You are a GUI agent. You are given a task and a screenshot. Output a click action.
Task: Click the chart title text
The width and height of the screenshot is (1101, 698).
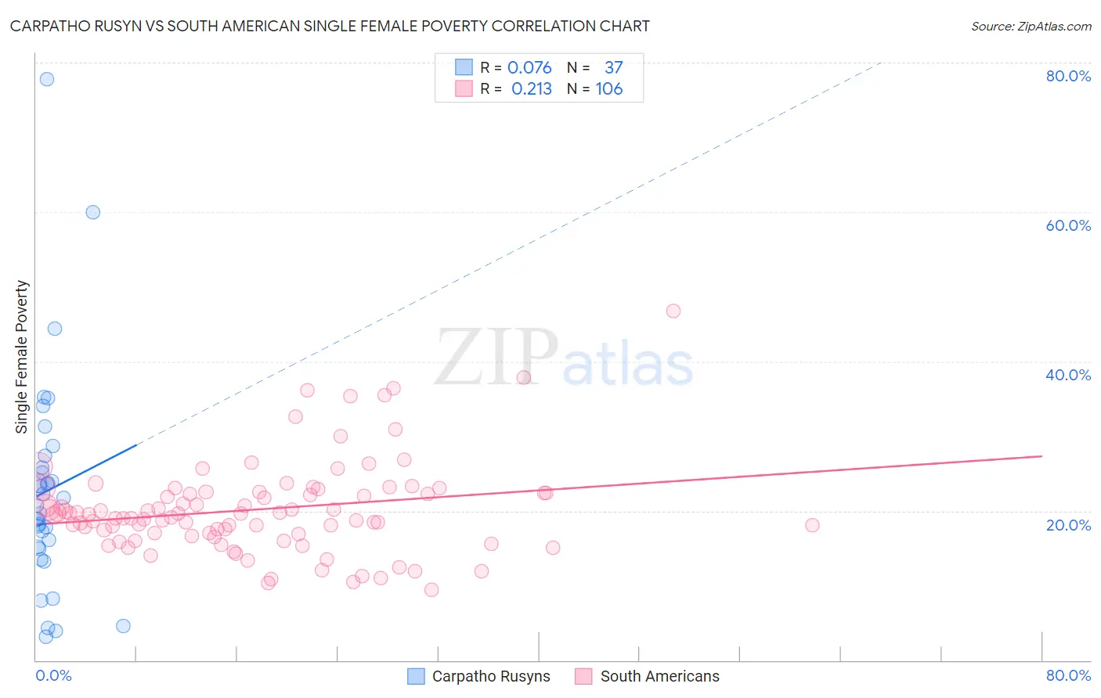click(330, 26)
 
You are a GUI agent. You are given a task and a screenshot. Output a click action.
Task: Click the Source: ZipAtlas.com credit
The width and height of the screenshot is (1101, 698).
click(1031, 26)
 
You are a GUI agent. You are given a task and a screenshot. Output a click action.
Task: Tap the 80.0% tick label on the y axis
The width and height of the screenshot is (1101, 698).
click(1068, 76)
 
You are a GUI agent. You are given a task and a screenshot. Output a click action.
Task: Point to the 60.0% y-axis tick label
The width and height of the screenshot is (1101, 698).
click(1068, 225)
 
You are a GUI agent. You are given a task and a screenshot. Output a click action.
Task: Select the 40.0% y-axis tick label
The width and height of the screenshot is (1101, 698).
click(1068, 375)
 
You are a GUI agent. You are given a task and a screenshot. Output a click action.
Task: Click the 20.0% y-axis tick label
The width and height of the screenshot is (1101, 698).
click(1068, 524)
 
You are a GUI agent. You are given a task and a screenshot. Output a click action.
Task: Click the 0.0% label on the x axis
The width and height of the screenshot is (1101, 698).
click(53, 675)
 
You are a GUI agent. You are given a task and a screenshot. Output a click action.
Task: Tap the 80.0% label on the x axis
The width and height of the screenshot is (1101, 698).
click(1068, 675)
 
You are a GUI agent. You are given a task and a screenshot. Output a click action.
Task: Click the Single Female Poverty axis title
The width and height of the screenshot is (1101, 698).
click(22, 357)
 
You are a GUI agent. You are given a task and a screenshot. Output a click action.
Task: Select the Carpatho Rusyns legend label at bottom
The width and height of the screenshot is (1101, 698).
click(491, 676)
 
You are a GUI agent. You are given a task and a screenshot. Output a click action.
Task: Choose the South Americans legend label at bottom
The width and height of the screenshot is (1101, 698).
click(659, 676)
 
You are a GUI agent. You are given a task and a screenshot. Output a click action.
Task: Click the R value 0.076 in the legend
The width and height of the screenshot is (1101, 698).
click(529, 68)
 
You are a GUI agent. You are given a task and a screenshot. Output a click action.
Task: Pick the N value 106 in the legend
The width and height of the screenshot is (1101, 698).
click(609, 89)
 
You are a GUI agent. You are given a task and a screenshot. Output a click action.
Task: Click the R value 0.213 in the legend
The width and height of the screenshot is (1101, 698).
click(531, 89)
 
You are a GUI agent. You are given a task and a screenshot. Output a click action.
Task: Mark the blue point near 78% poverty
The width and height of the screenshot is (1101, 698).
click(47, 79)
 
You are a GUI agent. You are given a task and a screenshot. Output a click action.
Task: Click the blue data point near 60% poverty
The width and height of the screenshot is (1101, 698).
click(93, 212)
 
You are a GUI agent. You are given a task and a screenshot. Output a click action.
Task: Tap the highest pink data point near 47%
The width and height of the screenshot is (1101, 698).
click(673, 311)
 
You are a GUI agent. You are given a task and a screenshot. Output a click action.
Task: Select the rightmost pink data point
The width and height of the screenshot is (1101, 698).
click(812, 525)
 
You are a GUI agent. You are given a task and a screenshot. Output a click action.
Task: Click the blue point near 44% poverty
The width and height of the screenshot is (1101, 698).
click(55, 329)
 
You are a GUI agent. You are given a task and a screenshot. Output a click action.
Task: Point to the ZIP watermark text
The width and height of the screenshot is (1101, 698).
click(496, 358)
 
